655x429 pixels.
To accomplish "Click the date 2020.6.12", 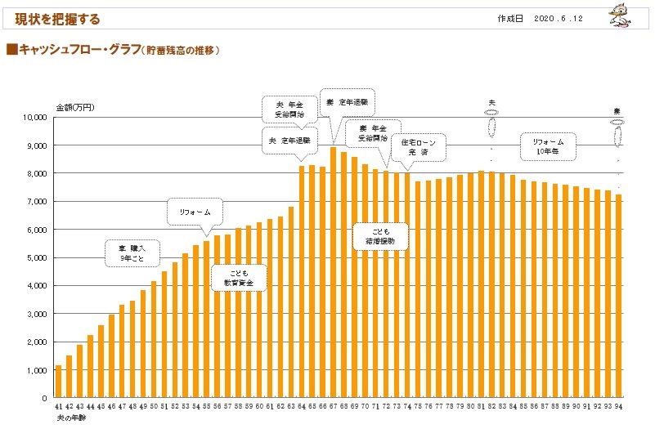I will (561, 18).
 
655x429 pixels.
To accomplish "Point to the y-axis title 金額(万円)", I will (75, 107).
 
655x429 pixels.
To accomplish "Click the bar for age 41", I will (59, 382).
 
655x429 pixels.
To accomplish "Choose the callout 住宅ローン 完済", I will (418, 146).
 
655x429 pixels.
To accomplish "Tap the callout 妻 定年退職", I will (347, 103).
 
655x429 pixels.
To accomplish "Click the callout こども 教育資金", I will (239, 277).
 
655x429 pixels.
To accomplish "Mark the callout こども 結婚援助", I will (380, 236).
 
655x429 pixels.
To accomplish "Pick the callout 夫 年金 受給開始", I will (289, 109).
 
